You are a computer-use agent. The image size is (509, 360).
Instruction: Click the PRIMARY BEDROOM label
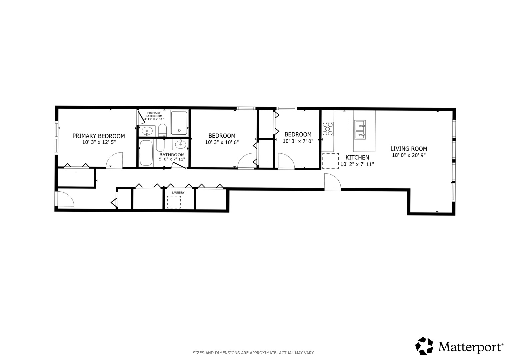[x=99, y=136]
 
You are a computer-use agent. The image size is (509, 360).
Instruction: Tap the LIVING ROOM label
[x=409, y=149]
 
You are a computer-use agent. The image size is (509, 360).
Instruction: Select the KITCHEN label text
[x=357, y=157]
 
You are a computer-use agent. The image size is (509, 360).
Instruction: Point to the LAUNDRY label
[x=178, y=193]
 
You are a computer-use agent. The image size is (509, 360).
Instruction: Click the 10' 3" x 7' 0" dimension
[x=298, y=141]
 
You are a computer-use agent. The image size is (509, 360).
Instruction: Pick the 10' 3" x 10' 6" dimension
[x=222, y=142]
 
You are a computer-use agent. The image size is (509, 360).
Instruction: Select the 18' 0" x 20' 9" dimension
[x=409, y=155]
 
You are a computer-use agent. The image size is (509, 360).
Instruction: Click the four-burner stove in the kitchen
[x=327, y=129]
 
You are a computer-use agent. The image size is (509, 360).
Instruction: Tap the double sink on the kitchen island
[x=360, y=130]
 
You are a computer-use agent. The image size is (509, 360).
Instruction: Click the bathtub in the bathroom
[x=146, y=153]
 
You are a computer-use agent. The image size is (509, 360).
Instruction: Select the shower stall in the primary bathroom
[x=179, y=123]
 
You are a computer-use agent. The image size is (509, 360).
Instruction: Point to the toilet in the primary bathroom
[x=162, y=130]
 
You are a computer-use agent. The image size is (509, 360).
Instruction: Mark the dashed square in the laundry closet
[x=174, y=202]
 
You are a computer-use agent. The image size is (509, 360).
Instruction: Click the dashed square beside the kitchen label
[x=330, y=161]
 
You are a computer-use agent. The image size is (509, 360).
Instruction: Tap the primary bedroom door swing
[x=115, y=160]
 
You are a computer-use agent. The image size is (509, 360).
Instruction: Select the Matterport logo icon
[x=424, y=346]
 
